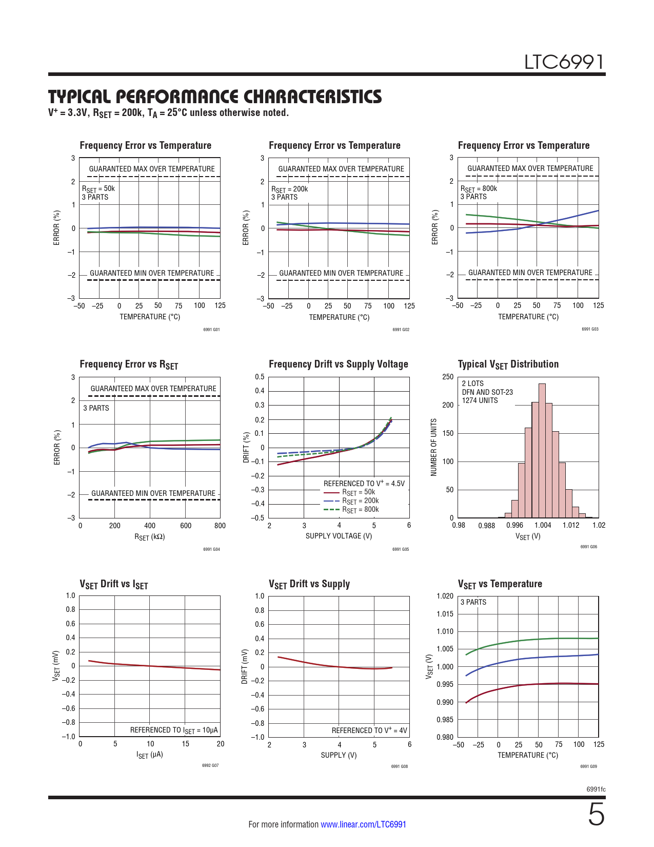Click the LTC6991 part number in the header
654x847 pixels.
click(x=564, y=62)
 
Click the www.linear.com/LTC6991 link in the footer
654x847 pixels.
click(x=363, y=824)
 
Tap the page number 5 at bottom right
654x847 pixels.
click(x=596, y=815)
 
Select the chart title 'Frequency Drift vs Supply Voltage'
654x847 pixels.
click(x=338, y=364)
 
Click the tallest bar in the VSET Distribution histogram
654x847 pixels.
click(x=542, y=450)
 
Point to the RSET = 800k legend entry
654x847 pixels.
click(x=360, y=510)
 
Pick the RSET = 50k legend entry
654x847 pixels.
click(x=359, y=492)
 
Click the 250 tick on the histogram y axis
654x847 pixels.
click(x=448, y=377)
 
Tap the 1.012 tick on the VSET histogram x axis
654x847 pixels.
click(x=570, y=525)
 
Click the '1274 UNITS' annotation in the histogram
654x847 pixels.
click(x=480, y=400)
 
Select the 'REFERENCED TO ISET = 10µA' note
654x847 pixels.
click(x=174, y=730)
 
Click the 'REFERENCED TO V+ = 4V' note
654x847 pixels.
click(x=369, y=730)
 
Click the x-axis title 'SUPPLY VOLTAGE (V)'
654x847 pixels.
click(x=339, y=536)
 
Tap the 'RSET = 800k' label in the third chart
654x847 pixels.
click(x=479, y=188)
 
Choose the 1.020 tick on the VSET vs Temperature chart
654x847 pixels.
click(x=445, y=596)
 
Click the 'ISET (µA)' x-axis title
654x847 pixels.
click(x=150, y=755)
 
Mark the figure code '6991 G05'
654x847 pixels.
click(x=401, y=549)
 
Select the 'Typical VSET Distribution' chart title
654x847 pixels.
click(x=508, y=364)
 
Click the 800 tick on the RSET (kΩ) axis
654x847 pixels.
click(x=220, y=526)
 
